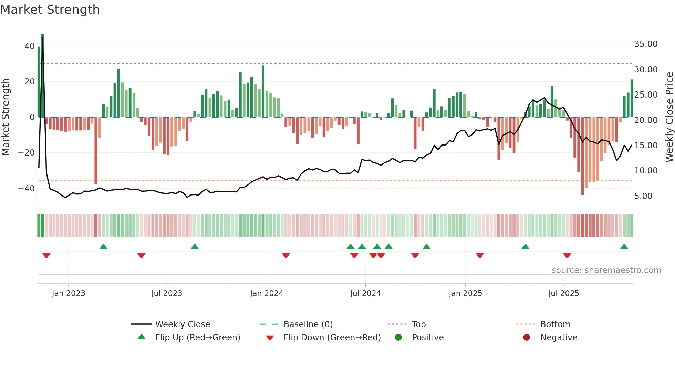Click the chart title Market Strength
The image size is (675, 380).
tap(50, 10)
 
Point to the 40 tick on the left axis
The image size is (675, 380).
tap(30, 46)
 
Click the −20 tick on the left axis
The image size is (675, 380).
tap(27, 153)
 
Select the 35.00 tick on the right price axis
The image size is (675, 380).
tap(646, 44)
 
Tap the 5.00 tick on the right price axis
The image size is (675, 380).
tap(643, 196)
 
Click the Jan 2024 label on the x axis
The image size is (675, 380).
tap(267, 293)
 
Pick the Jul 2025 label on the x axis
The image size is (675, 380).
tap(563, 293)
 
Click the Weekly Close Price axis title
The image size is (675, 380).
tap(669, 117)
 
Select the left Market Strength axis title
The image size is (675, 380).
tap(6, 117)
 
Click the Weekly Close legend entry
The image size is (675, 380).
tap(182, 324)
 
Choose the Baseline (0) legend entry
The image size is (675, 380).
tap(308, 324)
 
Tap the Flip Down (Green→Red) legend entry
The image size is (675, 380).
tap(332, 338)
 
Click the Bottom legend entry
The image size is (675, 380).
tap(555, 324)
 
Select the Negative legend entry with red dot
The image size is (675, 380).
tap(558, 338)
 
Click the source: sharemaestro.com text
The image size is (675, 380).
tap(606, 270)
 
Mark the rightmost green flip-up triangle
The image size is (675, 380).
tap(624, 247)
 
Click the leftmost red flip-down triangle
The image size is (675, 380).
tap(46, 256)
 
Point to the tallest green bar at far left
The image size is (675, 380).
tap(43, 76)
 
